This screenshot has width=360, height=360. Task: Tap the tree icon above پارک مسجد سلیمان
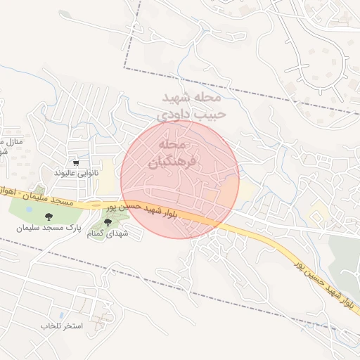[x=49, y=218]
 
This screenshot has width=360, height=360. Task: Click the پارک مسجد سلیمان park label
[x=51, y=229]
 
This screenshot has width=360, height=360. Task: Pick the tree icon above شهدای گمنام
[x=108, y=222]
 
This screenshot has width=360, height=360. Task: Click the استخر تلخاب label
[x=62, y=327]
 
